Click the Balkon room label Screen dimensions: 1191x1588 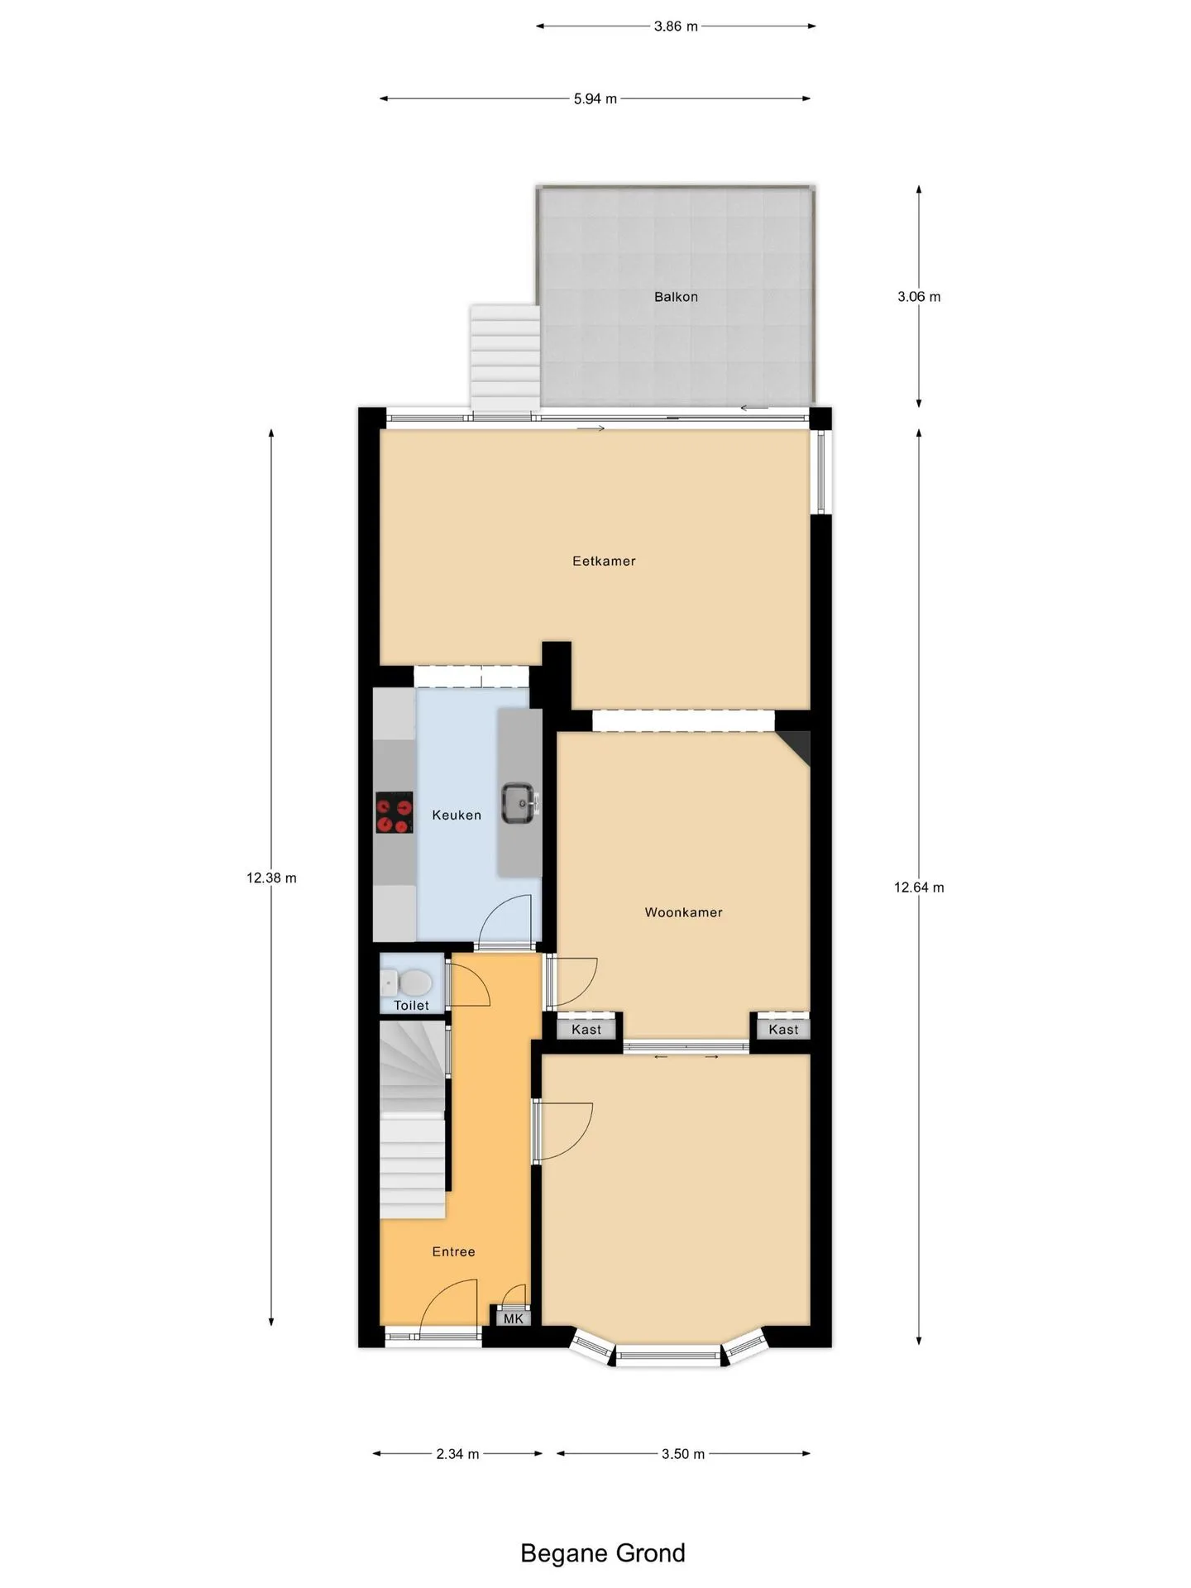click(676, 297)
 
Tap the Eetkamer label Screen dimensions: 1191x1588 click(604, 561)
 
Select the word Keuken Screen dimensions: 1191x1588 click(457, 816)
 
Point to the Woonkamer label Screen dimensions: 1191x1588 click(683, 912)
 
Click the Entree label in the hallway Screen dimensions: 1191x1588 click(453, 1251)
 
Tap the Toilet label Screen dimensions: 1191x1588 click(411, 1006)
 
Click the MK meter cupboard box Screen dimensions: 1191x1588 click(513, 1318)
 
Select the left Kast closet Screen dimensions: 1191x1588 click(586, 1029)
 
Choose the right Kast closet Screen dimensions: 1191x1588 click(783, 1029)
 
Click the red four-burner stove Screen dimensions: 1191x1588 click(395, 812)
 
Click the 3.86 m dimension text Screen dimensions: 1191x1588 click(676, 26)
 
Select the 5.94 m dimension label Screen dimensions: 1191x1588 click(595, 99)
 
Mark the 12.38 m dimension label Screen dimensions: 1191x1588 click(271, 878)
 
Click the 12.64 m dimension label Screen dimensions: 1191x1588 click(919, 887)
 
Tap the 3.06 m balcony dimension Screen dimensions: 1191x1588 click(919, 297)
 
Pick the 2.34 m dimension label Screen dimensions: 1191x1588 click(457, 1454)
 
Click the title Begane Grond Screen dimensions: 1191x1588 click(603, 1553)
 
